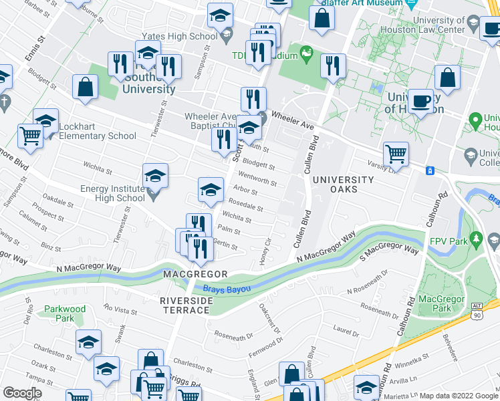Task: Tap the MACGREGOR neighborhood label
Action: pyautogui.click(x=195, y=275)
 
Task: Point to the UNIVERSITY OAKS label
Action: pyautogui.click(x=344, y=184)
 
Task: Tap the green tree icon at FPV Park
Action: pyautogui.click(x=476, y=238)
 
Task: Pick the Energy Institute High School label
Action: pyautogui.click(x=112, y=193)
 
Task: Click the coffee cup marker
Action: pyautogui.click(x=420, y=102)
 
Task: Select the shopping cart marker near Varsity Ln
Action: pyautogui.click(x=396, y=153)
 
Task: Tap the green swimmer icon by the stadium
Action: pyautogui.click(x=306, y=52)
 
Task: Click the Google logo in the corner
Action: pyautogui.click(x=22, y=393)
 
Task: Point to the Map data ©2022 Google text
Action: pyautogui.click(x=459, y=396)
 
